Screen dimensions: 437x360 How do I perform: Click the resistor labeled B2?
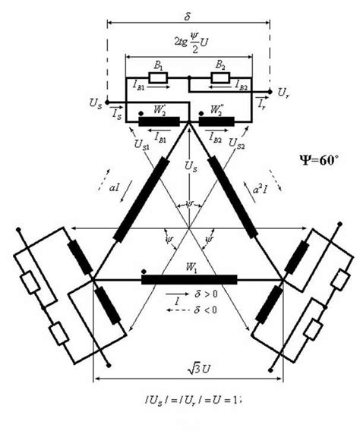click(220, 78)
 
